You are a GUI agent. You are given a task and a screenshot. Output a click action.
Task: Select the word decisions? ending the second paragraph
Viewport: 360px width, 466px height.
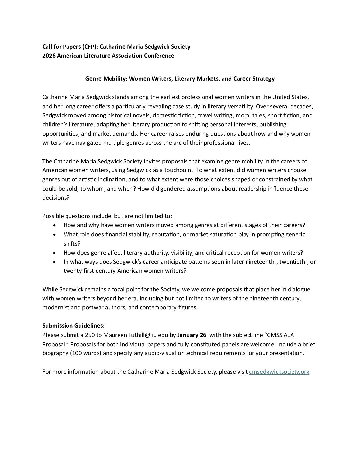pyautogui.click(x=56, y=198)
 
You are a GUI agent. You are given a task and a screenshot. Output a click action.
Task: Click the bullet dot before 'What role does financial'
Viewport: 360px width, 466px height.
pyautogui.click(x=54, y=235)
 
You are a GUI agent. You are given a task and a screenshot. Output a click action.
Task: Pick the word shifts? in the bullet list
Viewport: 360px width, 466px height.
pyautogui.click(x=72, y=244)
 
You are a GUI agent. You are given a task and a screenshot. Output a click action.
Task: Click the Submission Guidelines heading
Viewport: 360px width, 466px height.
pyautogui.click(x=73, y=326)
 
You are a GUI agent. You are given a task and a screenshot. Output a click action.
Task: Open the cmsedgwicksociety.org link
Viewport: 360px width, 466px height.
pyautogui.click(x=279, y=372)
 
